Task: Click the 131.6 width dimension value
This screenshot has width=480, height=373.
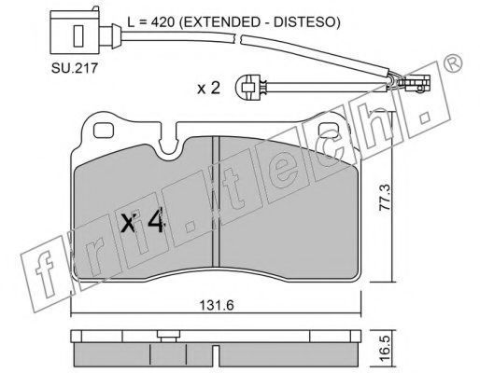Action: pyautogui.click(x=217, y=305)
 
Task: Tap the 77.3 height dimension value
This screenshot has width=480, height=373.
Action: pyautogui.click(x=384, y=198)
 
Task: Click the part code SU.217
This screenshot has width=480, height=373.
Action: pyautogui.click(x=75, y=68)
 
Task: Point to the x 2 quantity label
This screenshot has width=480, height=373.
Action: pyautogui.click(x=209, y=89)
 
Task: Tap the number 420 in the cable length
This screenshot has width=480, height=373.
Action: pyautogui.click(x=162, y=21)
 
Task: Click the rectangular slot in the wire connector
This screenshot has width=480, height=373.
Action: pyautogui.click(x=78, y=36)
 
